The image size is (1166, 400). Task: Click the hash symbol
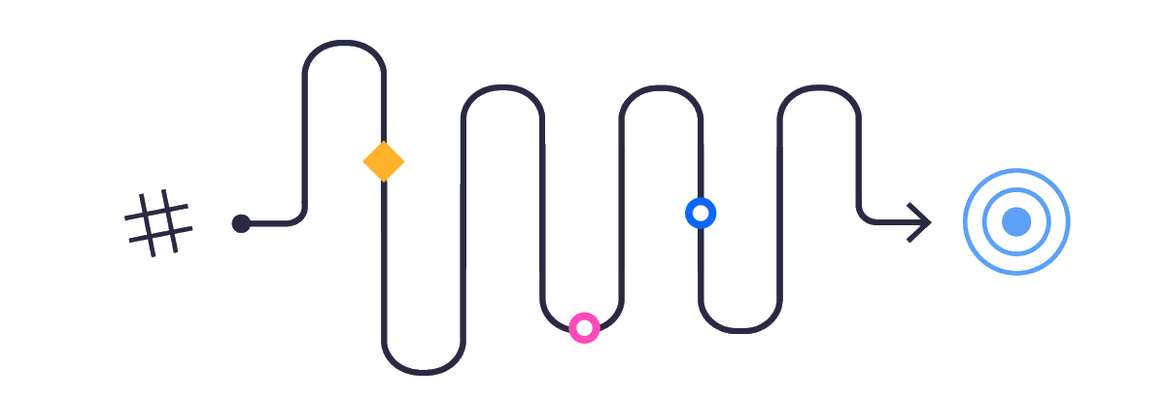(157, 222)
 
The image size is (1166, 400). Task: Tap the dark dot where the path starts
(241, 223)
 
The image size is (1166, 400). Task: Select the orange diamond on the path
(384, 161)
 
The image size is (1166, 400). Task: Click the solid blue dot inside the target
(1016, 221)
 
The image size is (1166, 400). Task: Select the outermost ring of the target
(1016, 170)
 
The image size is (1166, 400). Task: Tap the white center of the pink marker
(584, 328)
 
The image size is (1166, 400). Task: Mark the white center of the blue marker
(701, 213)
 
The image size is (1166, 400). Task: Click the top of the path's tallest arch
(344, 43)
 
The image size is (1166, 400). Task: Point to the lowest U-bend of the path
(424, 372)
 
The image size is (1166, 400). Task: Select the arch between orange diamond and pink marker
(502, 87)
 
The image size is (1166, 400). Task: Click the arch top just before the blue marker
(661, 87)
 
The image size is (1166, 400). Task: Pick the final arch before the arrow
(819, 87)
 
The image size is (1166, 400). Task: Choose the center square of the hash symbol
(158, 222)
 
